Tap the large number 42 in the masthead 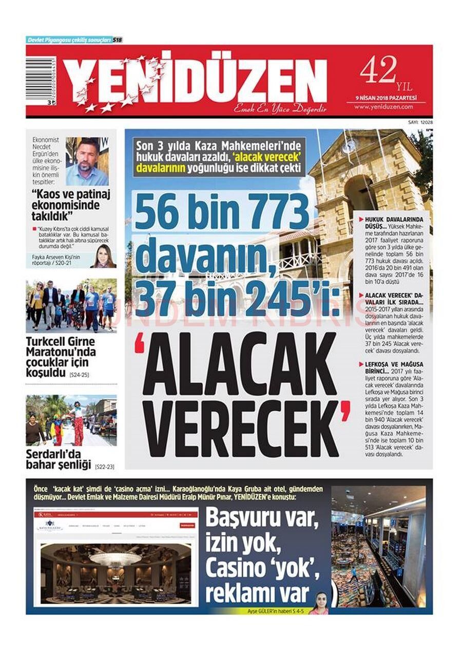[x=378, y=69]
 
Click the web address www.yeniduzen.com [x=383, y=107]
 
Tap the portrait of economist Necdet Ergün [x=87, y=161]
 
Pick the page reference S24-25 [x=79, y=375]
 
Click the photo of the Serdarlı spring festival [x=71, y=420]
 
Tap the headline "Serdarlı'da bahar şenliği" [x=59, y=460]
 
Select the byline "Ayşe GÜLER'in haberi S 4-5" [x=275, y=611]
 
